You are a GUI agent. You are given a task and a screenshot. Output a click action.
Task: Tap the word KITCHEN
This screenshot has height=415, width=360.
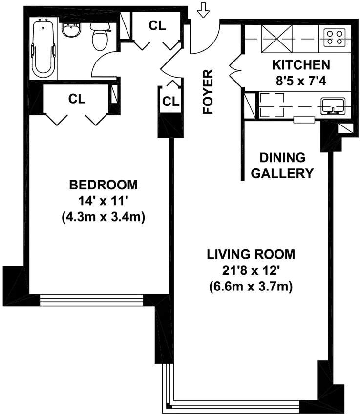300,64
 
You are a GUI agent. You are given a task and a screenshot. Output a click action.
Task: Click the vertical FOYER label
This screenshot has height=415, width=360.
209,92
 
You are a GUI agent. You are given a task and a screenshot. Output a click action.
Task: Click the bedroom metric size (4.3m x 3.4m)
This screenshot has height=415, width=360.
103,217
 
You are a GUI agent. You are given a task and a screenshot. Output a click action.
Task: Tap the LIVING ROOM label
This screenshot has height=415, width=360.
251,254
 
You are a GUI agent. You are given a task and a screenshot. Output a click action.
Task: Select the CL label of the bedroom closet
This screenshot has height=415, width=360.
77,99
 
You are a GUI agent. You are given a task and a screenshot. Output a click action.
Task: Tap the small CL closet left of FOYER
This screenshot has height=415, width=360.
170,102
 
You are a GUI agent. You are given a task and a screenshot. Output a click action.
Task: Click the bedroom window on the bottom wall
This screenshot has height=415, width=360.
91,300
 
